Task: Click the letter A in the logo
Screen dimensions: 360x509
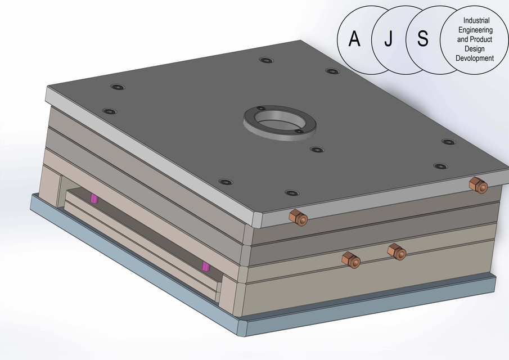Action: tap(354, 39)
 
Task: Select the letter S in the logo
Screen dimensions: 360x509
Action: tap(423, 39)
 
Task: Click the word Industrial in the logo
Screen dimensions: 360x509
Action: tap(475, 20)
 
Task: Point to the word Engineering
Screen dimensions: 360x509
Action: tap(475, 30)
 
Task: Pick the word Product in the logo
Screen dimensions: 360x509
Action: tap(481, 39)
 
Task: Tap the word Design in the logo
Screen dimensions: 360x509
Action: tap(475, 49)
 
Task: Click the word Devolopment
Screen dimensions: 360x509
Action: tap(475, 58)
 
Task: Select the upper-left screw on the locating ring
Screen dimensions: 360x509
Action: tap(260, 108)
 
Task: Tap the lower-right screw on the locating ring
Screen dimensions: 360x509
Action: tap(300, 132)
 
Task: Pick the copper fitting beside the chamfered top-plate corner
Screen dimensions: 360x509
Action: tap(298, 217)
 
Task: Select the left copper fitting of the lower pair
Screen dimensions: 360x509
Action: tap(351, 259)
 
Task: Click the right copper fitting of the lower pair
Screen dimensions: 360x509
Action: tap(397, 251)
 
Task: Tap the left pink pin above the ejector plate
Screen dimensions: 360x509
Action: tap(94, 198)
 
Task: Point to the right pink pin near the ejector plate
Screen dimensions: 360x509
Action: tap(206, 265)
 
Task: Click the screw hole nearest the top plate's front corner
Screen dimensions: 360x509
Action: tap(291, 193)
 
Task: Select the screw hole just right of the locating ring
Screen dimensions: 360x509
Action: tap(317, 150)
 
